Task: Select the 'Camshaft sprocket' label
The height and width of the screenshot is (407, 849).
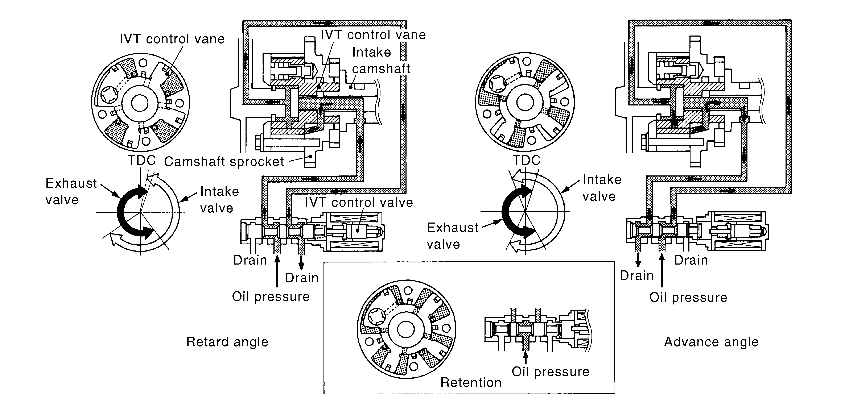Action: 224,162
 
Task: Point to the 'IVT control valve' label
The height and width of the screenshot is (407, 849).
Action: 359,202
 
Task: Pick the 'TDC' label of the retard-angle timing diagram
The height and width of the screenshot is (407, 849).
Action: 142,161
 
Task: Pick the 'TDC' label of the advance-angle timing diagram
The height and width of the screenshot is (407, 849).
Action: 526,161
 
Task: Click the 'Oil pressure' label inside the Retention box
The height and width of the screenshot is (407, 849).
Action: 550,372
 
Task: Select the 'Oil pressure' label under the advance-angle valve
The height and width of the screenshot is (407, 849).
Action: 688,297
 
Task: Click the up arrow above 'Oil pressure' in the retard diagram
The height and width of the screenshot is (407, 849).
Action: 277,271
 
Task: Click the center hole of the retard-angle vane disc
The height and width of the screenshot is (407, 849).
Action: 140,103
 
